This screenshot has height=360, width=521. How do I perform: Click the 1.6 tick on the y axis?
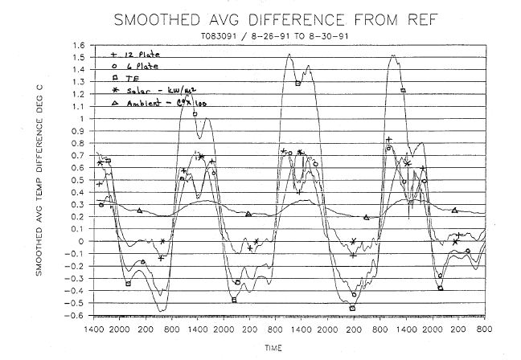79,45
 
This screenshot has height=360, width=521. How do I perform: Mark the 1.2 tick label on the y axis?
79,94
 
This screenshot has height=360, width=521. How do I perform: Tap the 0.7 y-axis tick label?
79,155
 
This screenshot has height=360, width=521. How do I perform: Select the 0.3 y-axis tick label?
79,204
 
